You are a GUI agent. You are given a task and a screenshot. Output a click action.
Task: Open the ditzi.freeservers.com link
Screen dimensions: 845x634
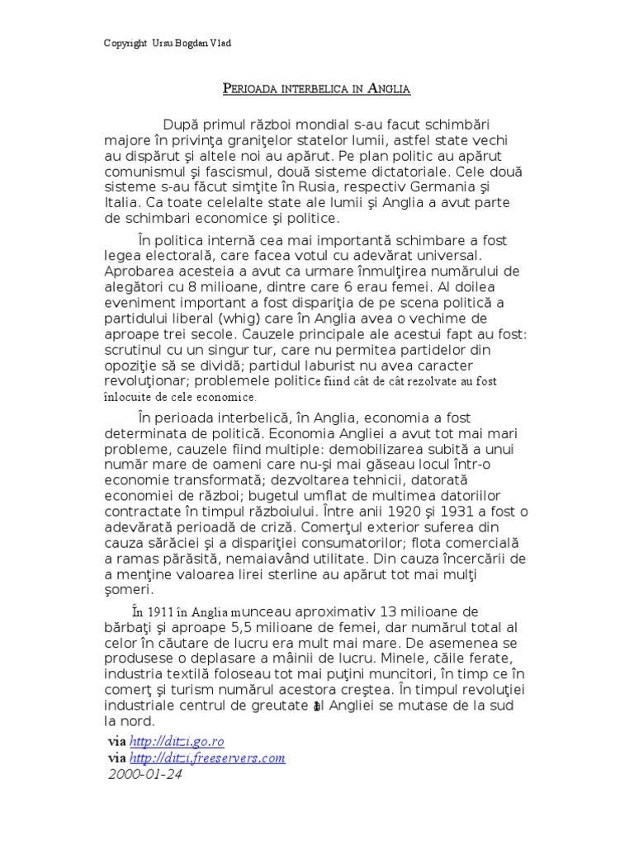(x=208, y=758)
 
